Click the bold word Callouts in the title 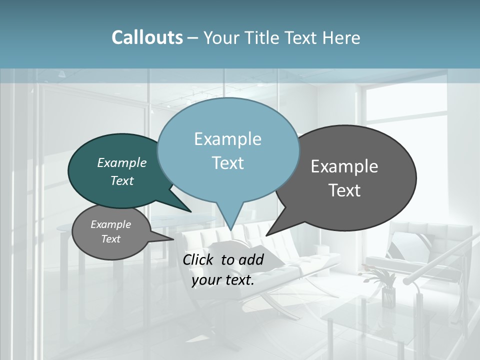click(147, 38)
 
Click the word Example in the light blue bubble click(227, 139)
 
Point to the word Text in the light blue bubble click(227, 163)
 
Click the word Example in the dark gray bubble click(344, 166)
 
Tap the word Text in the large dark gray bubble click(344, 190)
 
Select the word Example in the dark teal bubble click(122, 163)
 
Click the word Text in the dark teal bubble click(122, 181)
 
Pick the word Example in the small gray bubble click(110, 224)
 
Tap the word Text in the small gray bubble click(110, 239)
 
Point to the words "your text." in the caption click(223, 280)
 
